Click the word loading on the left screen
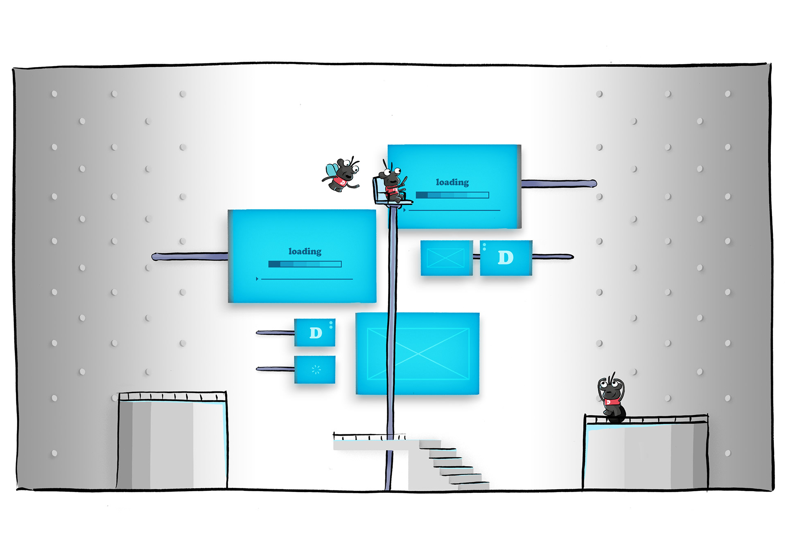point(305,251)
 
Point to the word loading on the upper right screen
point(452,182)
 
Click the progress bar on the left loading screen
point(305,264)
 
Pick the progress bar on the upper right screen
point(452,195)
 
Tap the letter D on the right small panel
point(506,258)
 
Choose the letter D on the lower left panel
point(315,333)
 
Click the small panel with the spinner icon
point(315,370)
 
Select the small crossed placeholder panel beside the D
point(446,258)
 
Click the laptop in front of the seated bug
point(379,191)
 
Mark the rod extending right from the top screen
point(559,184)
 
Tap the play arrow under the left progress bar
point(257,279)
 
